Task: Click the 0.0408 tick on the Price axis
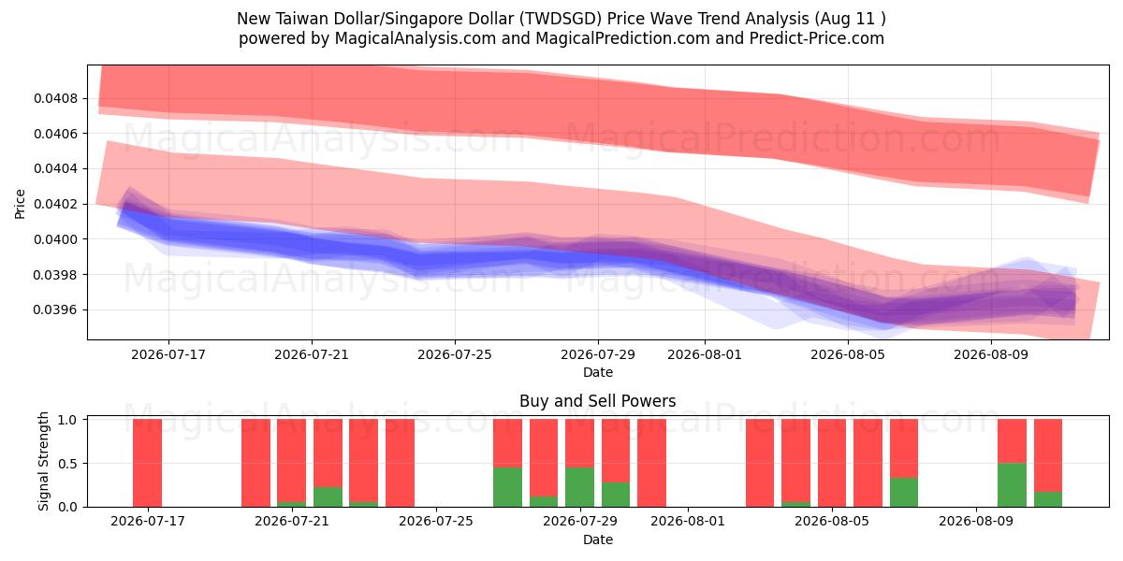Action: pyautogui.click(x=56, y=99)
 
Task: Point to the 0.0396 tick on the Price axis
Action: pyautogui.click(x=56, y=310)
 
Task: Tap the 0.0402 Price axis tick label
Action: pyautogui.click(x=56, y=205)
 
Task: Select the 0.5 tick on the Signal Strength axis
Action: pyautogui.click(x=67, y=464)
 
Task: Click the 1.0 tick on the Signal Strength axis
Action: pyautogui.click(x=67, y=420)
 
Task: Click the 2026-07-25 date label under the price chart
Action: pyautogui.click(x=455, y=354)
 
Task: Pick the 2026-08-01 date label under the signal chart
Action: pyautogui.click(x=688, y=522)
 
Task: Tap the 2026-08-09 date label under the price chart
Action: pyautogui.click(x=991, y=354)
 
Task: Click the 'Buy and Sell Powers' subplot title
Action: pyautogui.click(x=598, y=401)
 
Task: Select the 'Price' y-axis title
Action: pyautogui.click(x=20, y=204)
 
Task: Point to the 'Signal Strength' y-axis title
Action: pyautogui.click(x=44, y=461)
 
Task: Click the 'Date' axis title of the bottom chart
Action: pyautogui.click(x=598, y=539)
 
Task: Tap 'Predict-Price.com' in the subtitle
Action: pyautogui.click(x=817, y=38)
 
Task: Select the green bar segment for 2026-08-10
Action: pyautogui.click(x=1012, y=485)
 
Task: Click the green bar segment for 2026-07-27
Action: pyautogui.click(x=508, y=487)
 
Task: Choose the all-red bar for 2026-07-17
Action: pyautogui.click(x=148, y=464)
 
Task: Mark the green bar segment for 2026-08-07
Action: pyautogui.click(x=904, y=493)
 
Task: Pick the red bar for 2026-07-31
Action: pyautogui.click(x=651, y=464)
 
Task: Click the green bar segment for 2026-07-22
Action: pyautogui.click(x=328, y=496)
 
